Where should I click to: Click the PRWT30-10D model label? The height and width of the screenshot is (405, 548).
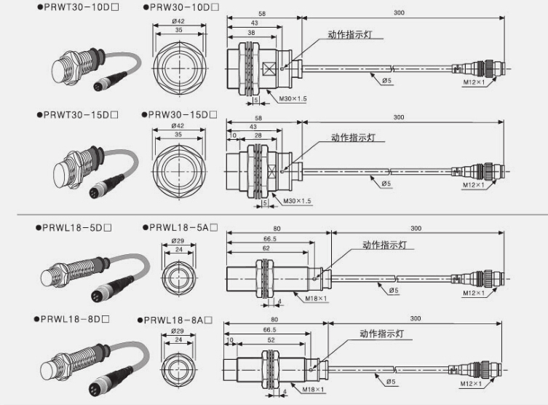76,7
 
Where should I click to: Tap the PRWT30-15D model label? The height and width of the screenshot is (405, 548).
76,114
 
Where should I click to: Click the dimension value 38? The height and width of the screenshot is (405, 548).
252,34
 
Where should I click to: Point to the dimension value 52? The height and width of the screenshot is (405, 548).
271,340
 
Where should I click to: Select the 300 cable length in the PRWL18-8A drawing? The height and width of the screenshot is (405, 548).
416,319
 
